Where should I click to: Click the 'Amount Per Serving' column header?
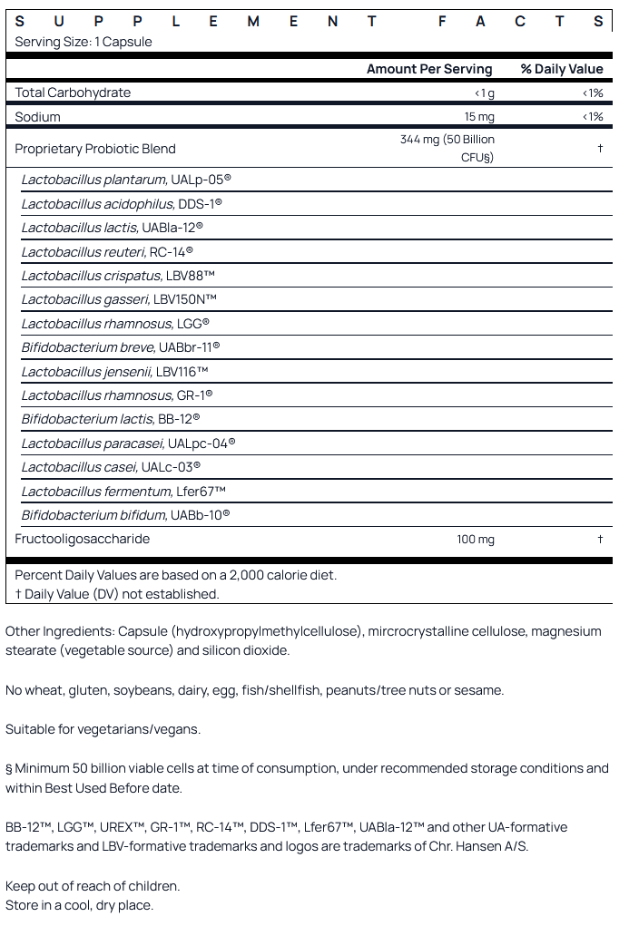click(x=429, y=69)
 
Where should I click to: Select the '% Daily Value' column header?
click(x=562, y=69)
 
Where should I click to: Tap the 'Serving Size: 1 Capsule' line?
click(x=84, y=42)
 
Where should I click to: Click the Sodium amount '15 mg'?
click(x=479, y=117)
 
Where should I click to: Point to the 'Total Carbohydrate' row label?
click(x=73, y=93)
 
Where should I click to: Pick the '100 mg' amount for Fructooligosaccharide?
click(x=476, y=540)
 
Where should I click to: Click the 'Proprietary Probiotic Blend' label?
click(x=95, y=149)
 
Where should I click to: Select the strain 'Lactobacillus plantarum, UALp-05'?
click(x=126, y=180)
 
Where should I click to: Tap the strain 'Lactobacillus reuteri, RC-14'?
click(x=107, y=251)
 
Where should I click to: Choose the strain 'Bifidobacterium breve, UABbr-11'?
click(x=121, y=347)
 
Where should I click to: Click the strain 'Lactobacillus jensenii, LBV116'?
click(x=115, y=371)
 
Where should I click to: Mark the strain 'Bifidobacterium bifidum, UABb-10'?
click(x=125, y=515)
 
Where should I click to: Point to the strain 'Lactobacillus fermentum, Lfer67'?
click(x=123, y=492)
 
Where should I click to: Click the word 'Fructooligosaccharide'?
click(x=83, y=539)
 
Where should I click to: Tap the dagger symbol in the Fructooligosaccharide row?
click(x=600, y=540)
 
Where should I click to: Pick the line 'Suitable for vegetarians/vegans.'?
click(x=103, y=729)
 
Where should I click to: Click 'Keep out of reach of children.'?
click(x=93, y=885)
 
